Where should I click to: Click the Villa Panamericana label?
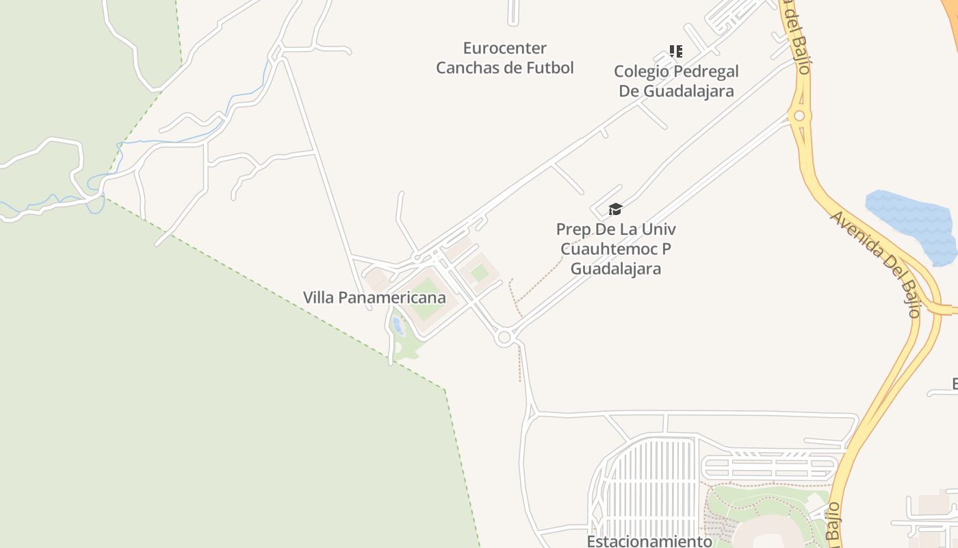[x=374, y=298]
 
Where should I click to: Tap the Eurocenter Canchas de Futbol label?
[x=505, y=58]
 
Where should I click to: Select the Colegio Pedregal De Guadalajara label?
[x=676, y=81]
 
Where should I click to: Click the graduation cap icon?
[x=615, y=209]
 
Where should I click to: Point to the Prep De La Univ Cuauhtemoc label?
[x=616, y=248]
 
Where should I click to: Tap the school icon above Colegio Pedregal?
[x=675, y=51]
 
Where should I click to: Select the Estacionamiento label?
[x=649, y=541]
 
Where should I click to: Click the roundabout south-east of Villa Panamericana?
[x=505, y=337]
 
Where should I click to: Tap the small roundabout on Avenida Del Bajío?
[x=799, y=116]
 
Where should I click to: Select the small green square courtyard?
[x=480, y=273]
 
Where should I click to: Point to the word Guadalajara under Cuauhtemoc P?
[x=616, y=269]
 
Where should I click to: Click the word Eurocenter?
[x=504, y=49]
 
